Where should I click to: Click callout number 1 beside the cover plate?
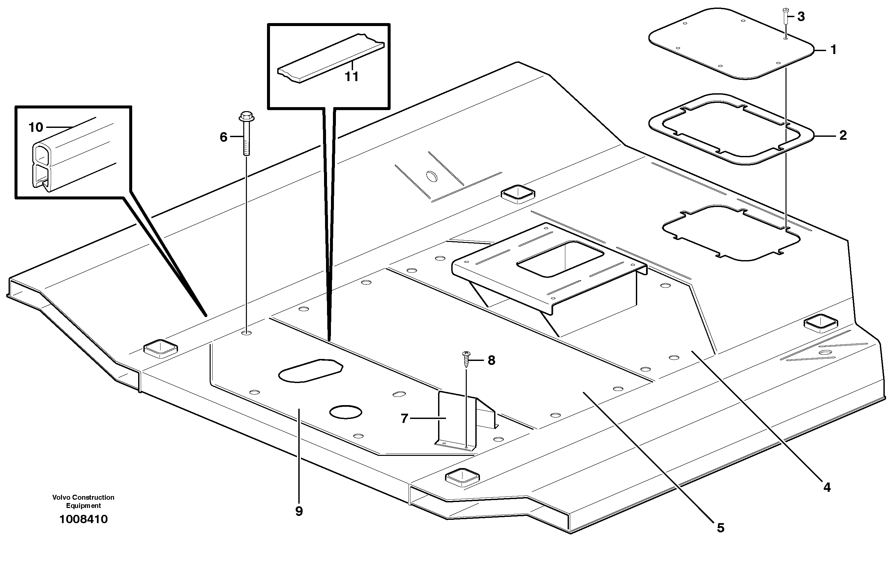click(833, 49)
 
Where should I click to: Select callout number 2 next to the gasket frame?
click(843, 136)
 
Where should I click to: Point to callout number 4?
click(827, 488)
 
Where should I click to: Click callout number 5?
click(720, 528)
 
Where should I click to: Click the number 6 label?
click(223, 137)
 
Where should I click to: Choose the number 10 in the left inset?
click(36, 128)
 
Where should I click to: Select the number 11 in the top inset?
click(351, 77)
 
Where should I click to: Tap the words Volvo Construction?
click(83, 497)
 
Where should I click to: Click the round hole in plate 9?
click(345, 412)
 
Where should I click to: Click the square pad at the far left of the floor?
click(161, 348)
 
